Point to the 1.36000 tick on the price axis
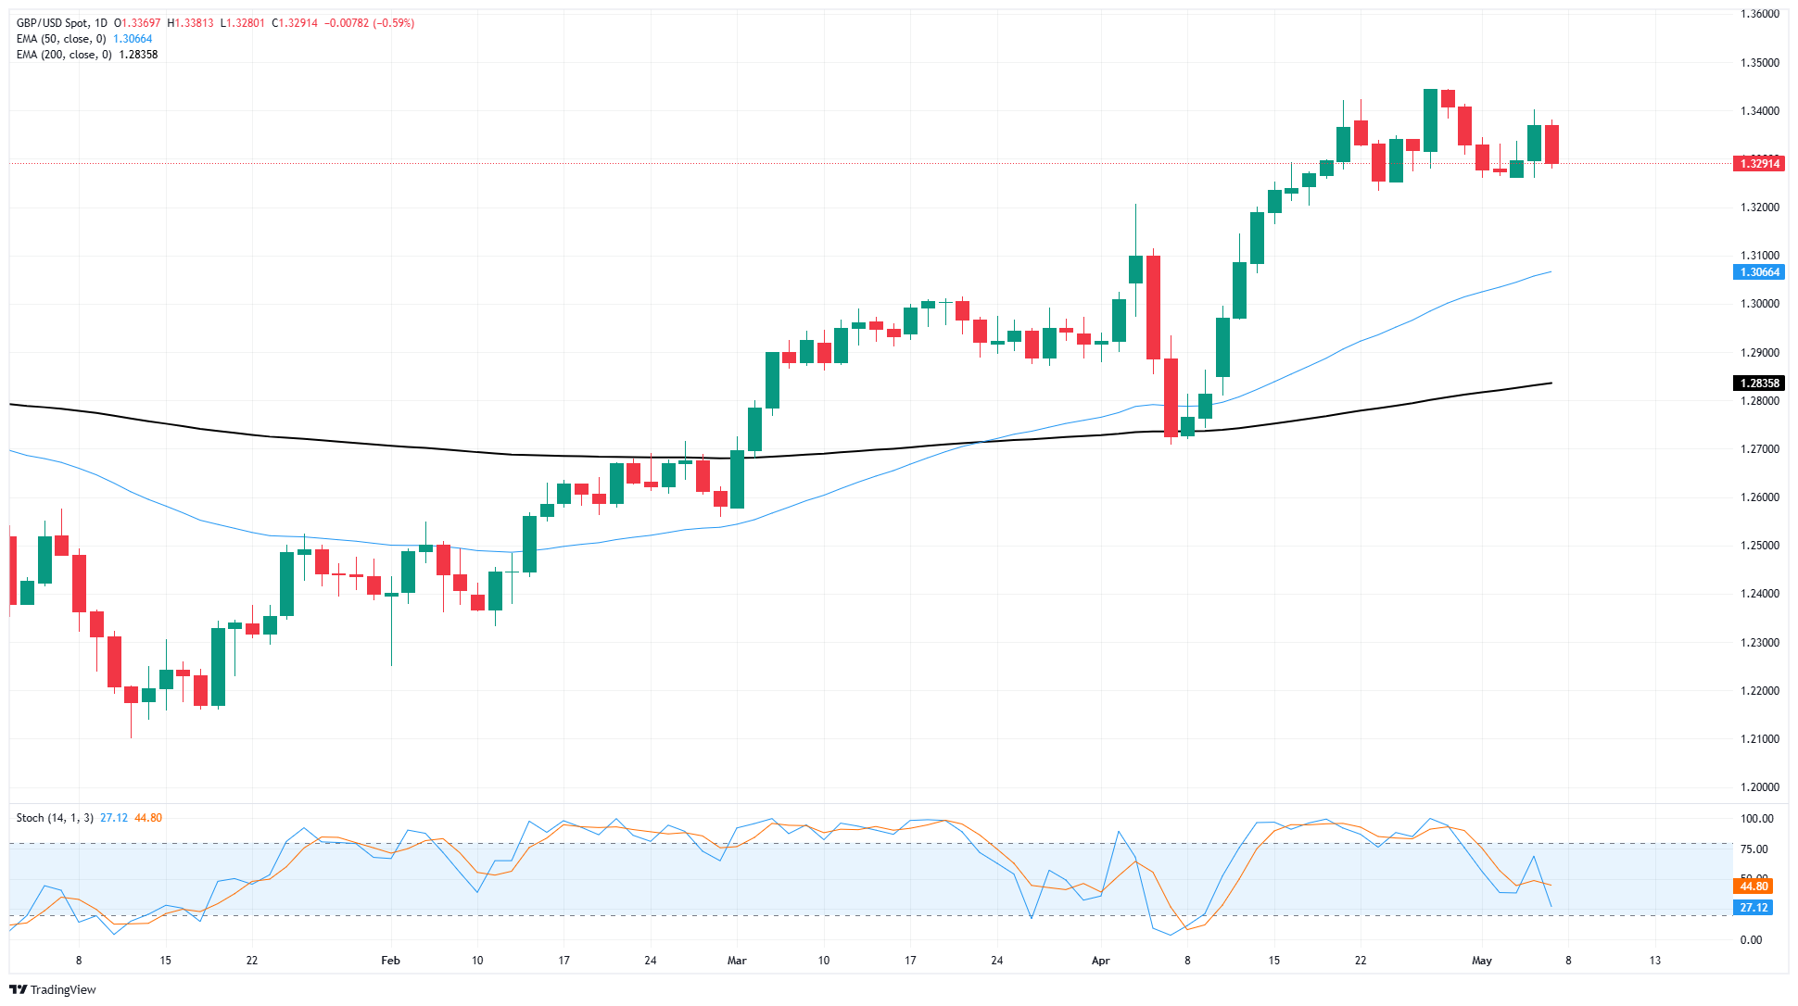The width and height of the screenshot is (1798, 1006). click(1759, 14)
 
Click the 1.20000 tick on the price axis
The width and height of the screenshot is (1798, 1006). click(1759, 787)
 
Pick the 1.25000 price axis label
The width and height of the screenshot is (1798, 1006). click(1759, 546)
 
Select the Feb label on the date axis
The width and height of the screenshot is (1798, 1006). click(390, 961)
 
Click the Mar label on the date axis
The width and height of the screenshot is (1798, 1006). click(737, 961)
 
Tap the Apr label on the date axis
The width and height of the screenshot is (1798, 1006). click(1100, 961)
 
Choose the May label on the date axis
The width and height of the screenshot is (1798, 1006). click(1482, 961)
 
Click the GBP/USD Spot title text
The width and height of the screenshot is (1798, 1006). click(55, 23)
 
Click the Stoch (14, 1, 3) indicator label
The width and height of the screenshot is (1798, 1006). click(55, 818)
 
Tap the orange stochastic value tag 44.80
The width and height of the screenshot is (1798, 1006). click(1754, 887)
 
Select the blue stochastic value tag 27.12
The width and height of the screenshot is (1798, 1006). click(1754, 908)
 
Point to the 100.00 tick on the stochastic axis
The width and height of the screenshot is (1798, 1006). click(1756, 819)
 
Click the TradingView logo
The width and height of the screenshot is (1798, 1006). click(53, 989)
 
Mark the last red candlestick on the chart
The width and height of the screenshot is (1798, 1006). click(1551, 145)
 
